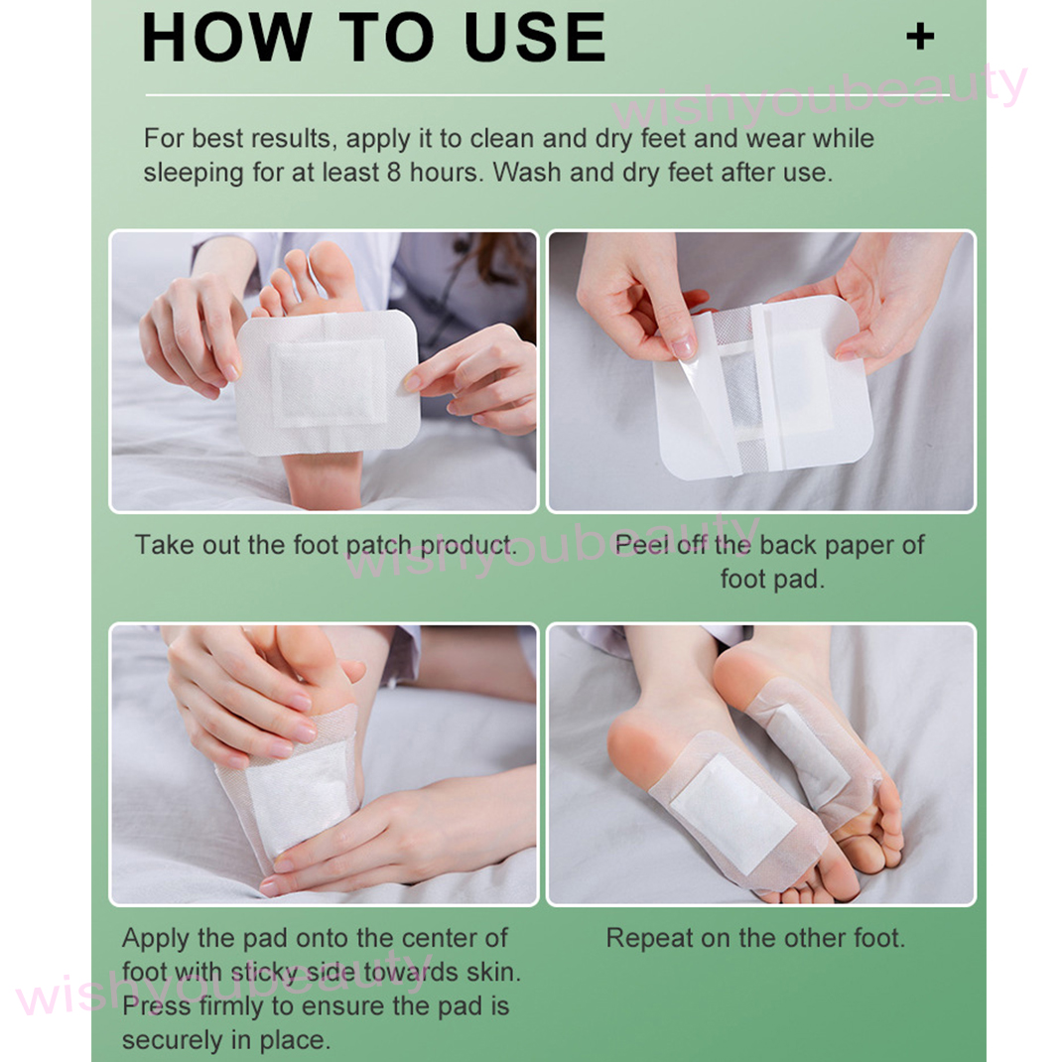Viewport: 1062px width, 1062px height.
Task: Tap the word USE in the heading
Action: click(x=534, y=38)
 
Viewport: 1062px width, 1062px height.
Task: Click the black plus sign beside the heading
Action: click(x=920, y=37)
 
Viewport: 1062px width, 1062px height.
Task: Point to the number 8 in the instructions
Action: click(x=394, y=173)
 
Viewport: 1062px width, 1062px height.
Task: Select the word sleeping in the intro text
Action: click(x=194, y=174)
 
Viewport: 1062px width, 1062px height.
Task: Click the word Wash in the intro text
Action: click(x=527, y=173)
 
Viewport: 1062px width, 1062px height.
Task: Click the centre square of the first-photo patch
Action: click(x=330, y=383)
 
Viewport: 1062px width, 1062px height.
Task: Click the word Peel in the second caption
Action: click(x=641, y=545)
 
